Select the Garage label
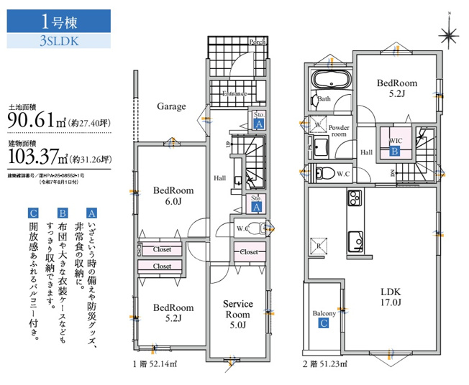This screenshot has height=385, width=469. pyautogui.click(x=171, y=106)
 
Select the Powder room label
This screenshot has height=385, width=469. pyautogui.click(x=339, y=131)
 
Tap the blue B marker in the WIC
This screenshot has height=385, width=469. pyautogui.click(x=394, y=152)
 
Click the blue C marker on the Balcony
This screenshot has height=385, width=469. pyautogui.click(x=324, y=323)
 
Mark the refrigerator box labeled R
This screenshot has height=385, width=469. pyautogui.click(x=318, y=244)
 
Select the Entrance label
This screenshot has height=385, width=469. pyautogui.click(x=234, y=94)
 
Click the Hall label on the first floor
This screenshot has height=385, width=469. pyautogui.click(x=220, y=177)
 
